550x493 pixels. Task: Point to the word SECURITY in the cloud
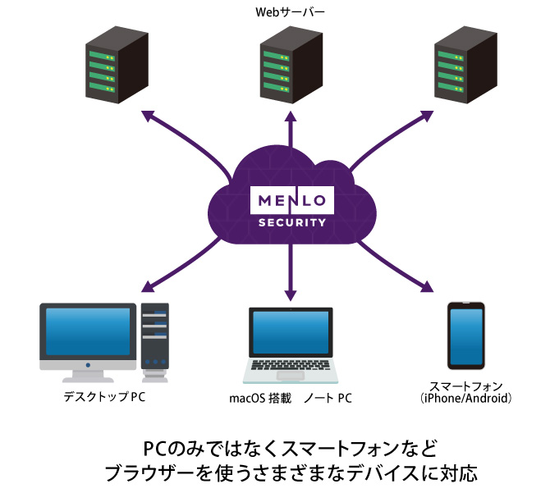pyautogui.click(x=291, y=222)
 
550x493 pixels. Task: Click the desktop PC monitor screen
pyautogui.click(x=88, y=333)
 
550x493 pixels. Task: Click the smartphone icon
pyautogui.click(x=465, y=336)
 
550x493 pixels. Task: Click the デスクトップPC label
pyautogui.click(x=103, y=398)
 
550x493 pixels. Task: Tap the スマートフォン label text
pyautogui.click(x=465, y=386)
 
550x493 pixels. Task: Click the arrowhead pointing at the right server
pyautogui.click(x=429, y=116)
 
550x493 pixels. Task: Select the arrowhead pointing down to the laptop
pyautogui.click(x=289, y=293)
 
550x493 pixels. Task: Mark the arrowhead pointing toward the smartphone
pyautogui.click(x=425, y=286)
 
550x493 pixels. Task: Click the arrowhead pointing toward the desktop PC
pyautogui.click(x=149, y=287)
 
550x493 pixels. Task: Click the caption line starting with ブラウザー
pyautogui.click(x=291, y=473)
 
